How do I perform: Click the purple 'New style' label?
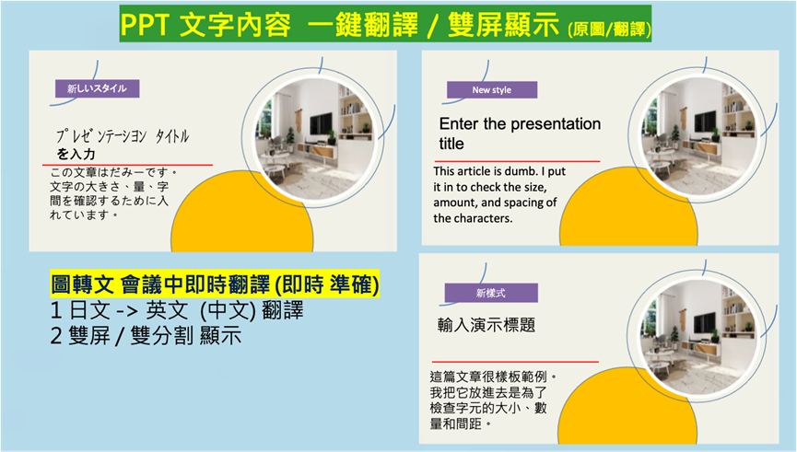[491, 90]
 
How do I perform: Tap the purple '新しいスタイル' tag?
[97, 88]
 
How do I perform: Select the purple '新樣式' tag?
[490, 293]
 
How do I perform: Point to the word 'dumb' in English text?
[520, 171]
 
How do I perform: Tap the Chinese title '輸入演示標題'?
[486, 325]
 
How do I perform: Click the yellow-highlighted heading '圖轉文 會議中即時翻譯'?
[160, 284]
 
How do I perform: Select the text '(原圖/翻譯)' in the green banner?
[609, 29]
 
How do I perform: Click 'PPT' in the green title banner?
[145, 25]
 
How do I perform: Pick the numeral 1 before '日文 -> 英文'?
[56, 310]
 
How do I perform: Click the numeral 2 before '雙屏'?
[56, 336]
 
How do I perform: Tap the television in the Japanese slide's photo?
[321, 124]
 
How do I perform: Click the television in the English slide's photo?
[705, 123]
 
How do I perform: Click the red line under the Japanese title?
[127, 165]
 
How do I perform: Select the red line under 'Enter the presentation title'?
[517, 161]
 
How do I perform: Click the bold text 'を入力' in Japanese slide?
[76, 154]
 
